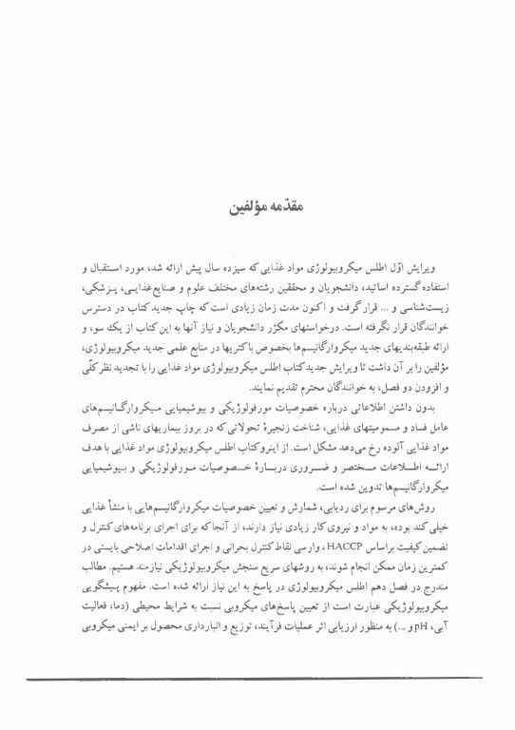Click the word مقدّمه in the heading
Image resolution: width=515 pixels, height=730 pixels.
pyautogui.click(x=279, y=205)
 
